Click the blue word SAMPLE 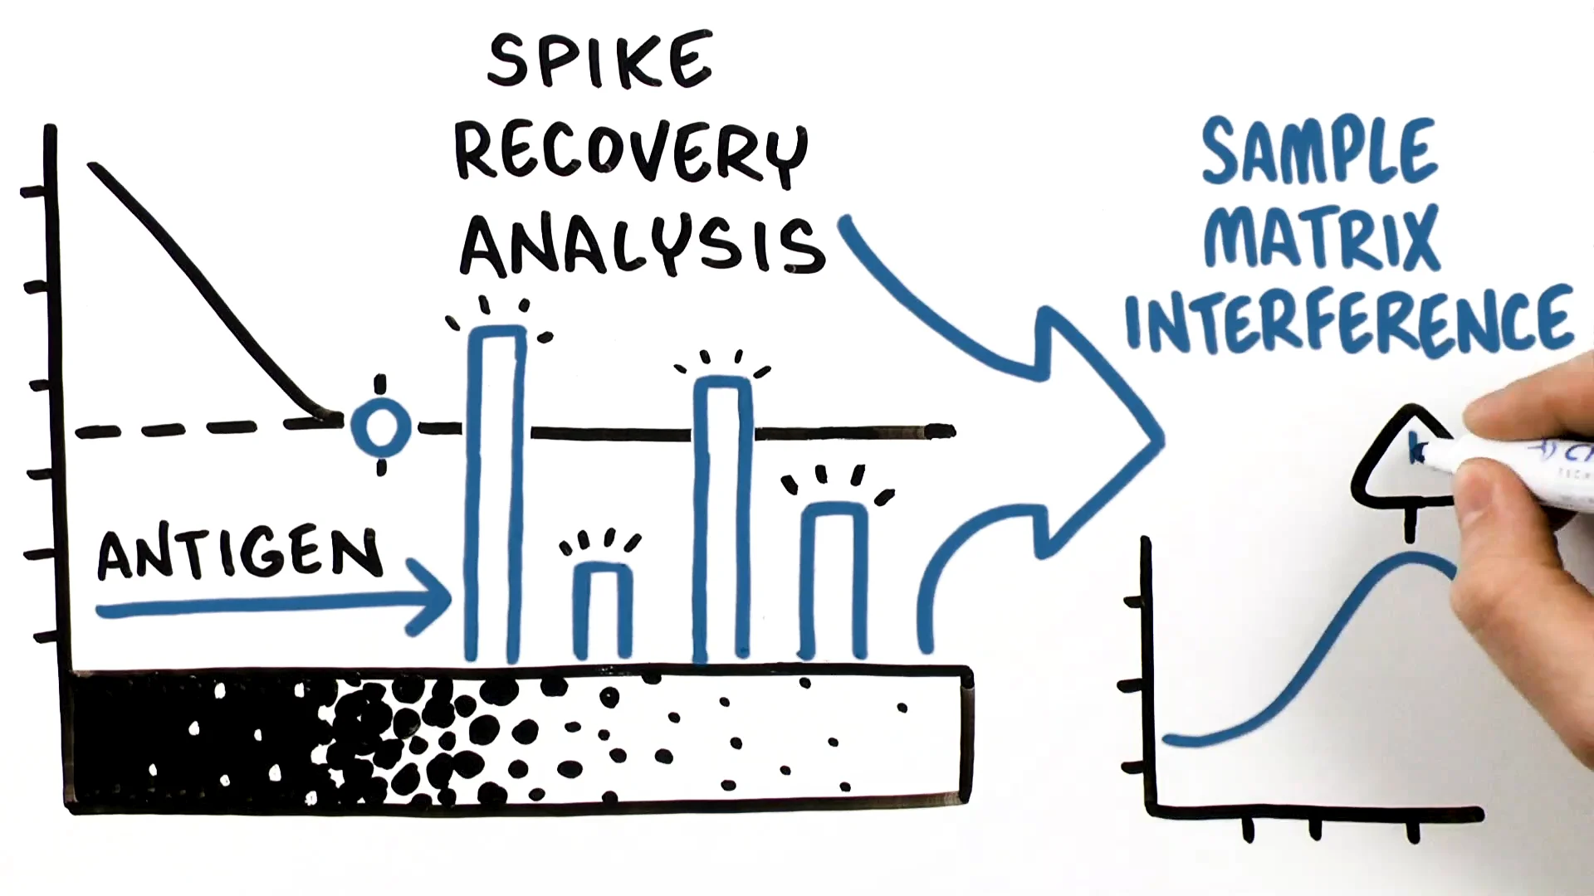coord(1318,151)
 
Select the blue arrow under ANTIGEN coord(274,607)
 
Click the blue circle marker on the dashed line coord(381,426)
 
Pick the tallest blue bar coord(496,498)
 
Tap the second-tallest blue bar coord(722,523)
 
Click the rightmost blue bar coord(834,581)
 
